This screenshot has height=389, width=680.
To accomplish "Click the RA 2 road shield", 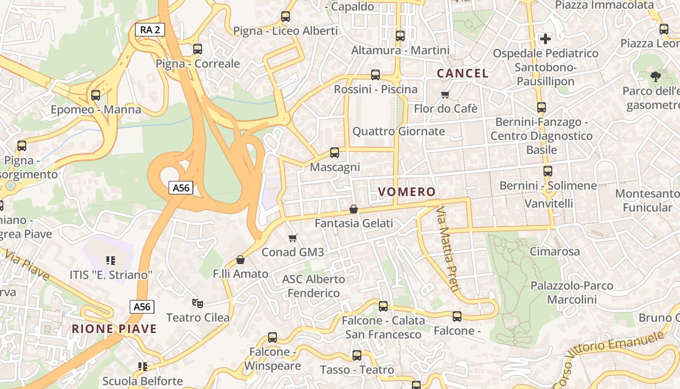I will pos(150,30).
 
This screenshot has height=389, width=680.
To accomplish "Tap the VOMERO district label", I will pos(407,192).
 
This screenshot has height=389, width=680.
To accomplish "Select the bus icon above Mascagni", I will pos(335,153).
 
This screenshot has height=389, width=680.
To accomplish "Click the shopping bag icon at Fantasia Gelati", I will pos(354,209).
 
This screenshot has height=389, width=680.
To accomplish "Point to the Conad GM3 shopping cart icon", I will pos(292,238).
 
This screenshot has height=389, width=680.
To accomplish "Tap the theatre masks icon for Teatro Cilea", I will pos(197,303).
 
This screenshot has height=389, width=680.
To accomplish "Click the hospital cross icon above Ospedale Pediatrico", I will pos(545,38).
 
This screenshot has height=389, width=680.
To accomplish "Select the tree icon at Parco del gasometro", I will pos(655,76).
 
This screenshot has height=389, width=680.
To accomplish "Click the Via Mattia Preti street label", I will pos(448,249).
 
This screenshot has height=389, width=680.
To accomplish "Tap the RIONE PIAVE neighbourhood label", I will pos(114,329).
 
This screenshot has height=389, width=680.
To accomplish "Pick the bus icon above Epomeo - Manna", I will pos(96,95).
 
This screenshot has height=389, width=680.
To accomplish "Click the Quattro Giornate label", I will pos(398,131).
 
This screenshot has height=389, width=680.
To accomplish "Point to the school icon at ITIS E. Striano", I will pos(111,261).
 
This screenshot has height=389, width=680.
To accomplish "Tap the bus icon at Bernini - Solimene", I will pos(548,171).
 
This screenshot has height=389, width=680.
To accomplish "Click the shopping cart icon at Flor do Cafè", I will pos(445,94).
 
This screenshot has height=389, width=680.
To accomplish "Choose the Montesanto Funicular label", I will pos(646,200).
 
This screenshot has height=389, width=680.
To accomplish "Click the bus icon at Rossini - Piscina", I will pos(375,75).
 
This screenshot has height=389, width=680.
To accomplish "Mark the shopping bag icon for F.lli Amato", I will pos(240,260).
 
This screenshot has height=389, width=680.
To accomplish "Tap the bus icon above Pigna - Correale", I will pos(197,49).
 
